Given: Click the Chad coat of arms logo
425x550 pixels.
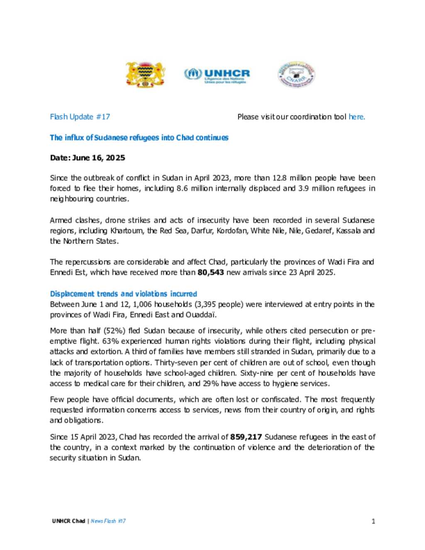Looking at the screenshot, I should (x=145, y=74).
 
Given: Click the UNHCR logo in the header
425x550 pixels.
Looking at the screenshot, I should (x=217, y=75).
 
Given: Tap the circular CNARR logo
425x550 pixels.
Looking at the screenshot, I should (x=296, y=75).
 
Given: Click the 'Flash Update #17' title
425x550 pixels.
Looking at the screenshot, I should (x=80, y=117).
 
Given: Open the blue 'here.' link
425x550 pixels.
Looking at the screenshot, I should (x=357, y=117).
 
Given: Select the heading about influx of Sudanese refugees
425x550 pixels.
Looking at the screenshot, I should (x=139, y=137).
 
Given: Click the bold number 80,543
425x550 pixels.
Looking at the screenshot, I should (x=210, y=272).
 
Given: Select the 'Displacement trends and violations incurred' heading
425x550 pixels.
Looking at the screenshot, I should (x=123, y=293).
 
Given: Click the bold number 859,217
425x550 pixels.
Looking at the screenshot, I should (x=246, y=437).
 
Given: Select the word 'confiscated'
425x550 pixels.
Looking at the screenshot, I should (x=281, y=399).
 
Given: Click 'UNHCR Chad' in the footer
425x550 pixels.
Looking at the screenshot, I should (x=68, y=521).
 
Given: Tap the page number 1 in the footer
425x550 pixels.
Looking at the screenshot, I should (x=373, y=521).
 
